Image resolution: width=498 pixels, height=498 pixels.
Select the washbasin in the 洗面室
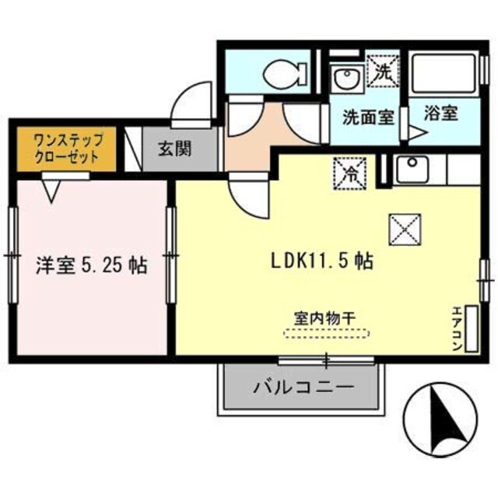pos(343,78)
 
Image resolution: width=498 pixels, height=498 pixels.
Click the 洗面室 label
pos(368,117)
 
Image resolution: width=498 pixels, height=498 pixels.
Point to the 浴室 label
pos(440,114)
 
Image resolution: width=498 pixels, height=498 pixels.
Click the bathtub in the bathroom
pos(444,75)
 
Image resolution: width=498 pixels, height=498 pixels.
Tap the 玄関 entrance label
pos(177,147)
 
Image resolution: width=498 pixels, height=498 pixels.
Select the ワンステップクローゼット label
pos(66,148)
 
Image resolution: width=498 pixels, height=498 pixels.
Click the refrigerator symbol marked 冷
pos(346,172)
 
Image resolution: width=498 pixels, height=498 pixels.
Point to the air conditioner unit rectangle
pos(472,327)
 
